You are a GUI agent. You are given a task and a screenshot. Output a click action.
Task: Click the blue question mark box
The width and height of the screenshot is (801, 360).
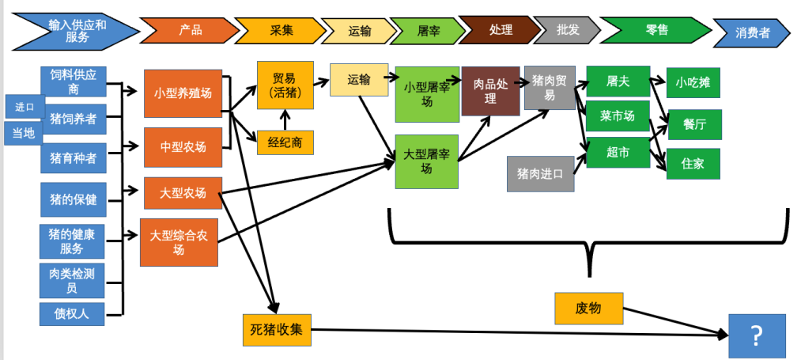pos(757,336)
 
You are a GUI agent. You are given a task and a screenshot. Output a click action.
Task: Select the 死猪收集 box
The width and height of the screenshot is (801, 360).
pos(277,330)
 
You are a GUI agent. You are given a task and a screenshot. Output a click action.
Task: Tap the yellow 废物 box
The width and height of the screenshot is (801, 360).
pos(588,309)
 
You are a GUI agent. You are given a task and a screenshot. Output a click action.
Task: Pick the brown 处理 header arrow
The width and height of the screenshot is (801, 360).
pos(499,30)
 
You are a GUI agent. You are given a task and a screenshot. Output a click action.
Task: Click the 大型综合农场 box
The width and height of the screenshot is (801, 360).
pos(179,242)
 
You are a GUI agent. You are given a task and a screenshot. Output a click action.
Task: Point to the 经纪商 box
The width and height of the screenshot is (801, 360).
pos(285,142)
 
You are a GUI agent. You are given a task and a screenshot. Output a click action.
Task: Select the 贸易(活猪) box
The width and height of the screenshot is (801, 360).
pos(285,85)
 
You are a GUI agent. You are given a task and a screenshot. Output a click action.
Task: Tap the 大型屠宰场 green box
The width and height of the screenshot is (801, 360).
pos(426,161)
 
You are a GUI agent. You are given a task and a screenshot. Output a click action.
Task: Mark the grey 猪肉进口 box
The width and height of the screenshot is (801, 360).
pos(540,174)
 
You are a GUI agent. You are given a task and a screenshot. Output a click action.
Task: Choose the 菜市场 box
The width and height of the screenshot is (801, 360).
pos(618,116)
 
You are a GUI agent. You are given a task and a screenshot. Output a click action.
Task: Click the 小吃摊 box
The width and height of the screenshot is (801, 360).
pos(693,81)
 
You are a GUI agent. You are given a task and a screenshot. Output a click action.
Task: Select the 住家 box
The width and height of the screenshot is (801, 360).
pos(693,164)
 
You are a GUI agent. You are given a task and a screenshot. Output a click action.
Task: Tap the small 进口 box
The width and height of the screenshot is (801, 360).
pos(25,106)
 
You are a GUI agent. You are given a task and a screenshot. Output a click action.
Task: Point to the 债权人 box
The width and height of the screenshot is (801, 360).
pos(72,313)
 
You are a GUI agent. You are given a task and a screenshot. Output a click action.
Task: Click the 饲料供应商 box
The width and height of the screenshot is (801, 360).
pos(73,81)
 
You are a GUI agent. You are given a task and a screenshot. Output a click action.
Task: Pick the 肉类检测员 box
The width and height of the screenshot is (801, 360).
pos(72,280)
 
